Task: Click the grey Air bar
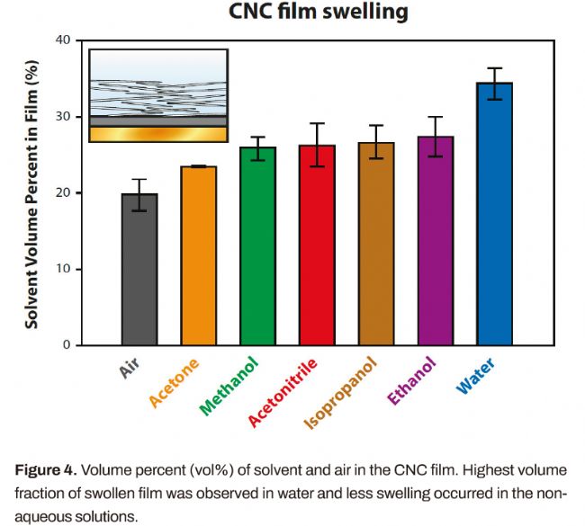(139, 269)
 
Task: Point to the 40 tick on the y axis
(61, 40)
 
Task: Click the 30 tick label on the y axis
(61, 117)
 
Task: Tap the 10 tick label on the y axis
(61, 269)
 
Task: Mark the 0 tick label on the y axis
(66, 345)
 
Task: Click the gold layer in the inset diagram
(157, 134)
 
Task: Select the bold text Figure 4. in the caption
(52, 470)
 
